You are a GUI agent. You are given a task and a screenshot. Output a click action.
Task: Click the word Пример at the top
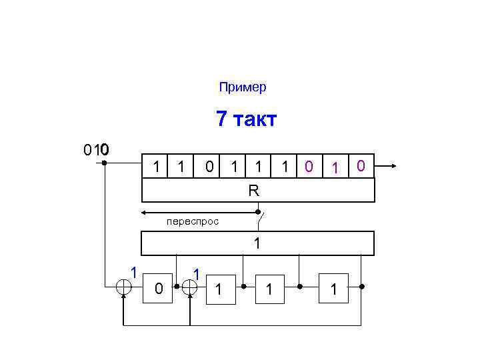tap(242, 87)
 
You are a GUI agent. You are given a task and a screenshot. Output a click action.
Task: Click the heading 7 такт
tap(246, 120)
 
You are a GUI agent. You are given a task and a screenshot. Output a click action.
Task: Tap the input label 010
tap(97, 149)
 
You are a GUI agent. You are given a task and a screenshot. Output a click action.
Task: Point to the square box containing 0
tap(157, 288)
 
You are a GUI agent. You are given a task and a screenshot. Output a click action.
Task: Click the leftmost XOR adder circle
tap(124, 287)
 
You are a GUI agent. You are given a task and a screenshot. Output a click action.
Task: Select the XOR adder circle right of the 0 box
tap(190, 287)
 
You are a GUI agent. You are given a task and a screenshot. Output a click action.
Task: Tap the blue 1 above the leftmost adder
tap(134, 271)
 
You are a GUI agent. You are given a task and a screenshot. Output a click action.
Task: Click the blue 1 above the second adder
tap(196, 273)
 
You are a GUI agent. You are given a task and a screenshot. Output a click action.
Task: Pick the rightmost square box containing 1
tap(334, 288)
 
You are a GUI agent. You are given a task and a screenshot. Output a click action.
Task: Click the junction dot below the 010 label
tap(105, 162)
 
